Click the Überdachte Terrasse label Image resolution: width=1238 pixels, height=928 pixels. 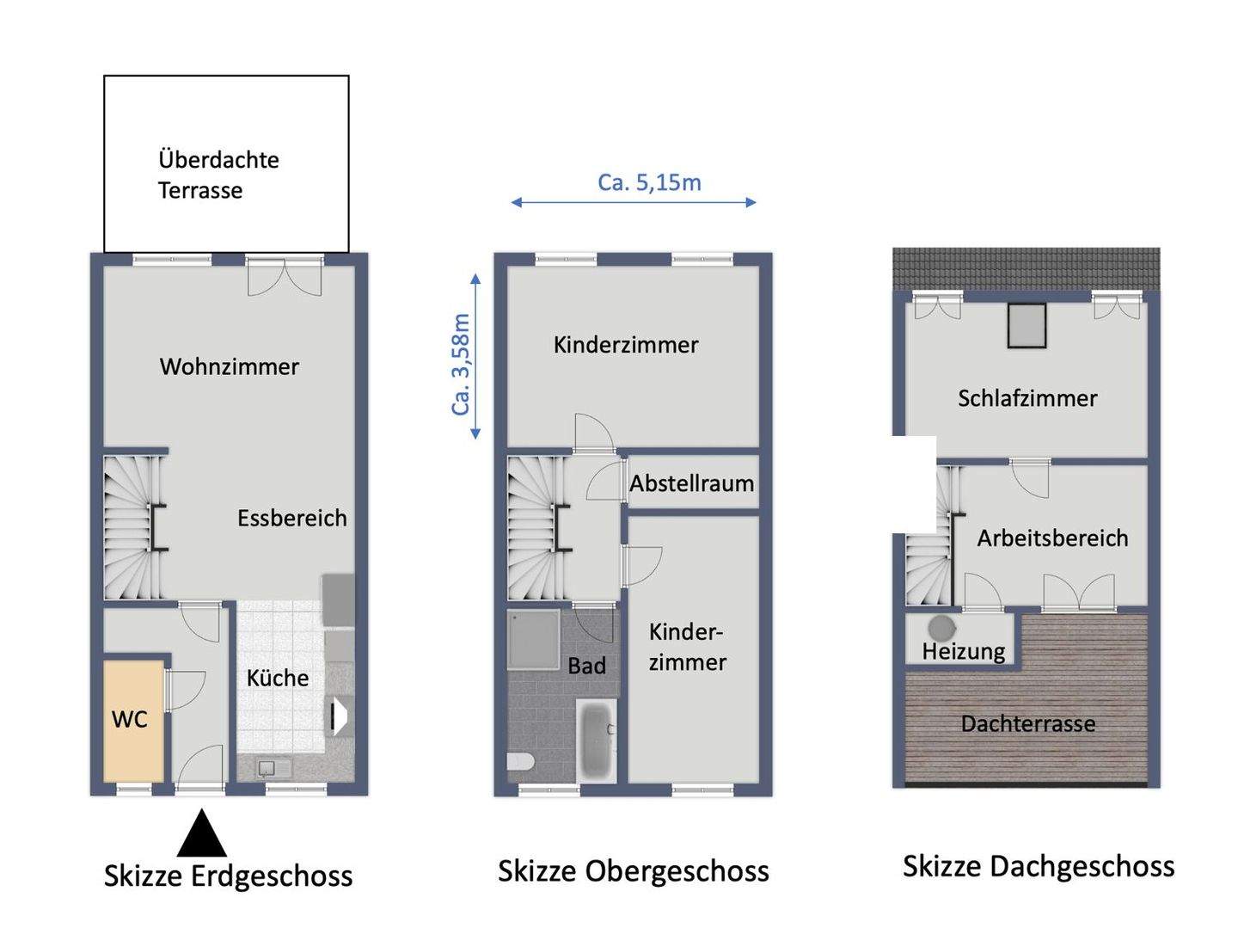click(218, 175)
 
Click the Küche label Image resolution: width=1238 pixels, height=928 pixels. click(278, 678)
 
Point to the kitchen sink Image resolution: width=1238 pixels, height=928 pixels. click(274, 767)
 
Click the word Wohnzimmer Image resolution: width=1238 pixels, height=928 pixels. click(230, 366)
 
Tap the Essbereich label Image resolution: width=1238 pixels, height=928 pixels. click(292, 518)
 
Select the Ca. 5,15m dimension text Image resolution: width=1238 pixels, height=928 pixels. click(649, 182)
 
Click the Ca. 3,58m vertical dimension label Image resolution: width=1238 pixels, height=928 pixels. click(462, 365)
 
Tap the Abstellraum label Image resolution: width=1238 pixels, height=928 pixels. click(691, 483)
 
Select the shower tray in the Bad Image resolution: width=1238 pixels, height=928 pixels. click(533, 638)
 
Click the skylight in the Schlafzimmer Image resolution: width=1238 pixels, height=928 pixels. click(1027, 325)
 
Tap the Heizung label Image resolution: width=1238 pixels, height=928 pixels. click(963, 651)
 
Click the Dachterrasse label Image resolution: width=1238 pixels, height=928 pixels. click(1027, 723)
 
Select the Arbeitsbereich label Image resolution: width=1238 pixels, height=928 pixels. click(1052, 538)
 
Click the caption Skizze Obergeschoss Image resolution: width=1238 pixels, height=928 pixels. click(633, 871)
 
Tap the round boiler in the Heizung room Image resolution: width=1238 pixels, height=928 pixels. click(940, 625)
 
